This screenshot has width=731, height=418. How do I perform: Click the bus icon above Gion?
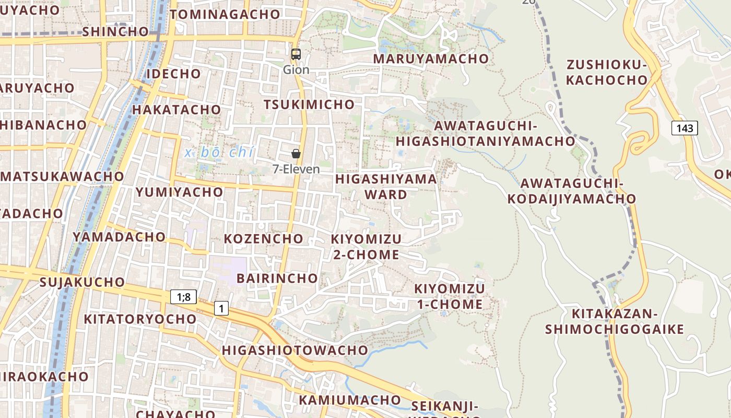tap(296, 54)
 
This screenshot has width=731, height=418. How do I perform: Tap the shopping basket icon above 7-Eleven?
tap(296, 153)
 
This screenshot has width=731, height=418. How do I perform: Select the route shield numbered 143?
tap(684, 128)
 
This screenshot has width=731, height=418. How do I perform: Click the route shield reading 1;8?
tap(183, 297)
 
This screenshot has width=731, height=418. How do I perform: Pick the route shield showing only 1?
tap(221, 308)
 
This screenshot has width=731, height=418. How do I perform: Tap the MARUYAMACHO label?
tap(431, 59)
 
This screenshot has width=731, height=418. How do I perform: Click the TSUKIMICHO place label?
tap(309, 104)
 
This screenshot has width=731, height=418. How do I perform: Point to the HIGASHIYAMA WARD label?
tap(386, 187)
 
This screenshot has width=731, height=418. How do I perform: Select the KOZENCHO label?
tap(264, 239)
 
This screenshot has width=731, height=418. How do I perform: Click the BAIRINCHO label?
tap(277, 278)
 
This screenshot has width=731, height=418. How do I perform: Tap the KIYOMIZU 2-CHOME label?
tap(366, 247)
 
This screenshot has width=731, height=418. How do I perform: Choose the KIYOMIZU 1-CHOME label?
tap(450, 296)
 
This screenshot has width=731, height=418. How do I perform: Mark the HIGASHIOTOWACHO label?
tap(295, 350)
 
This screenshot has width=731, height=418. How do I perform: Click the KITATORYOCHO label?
tap(140, 319)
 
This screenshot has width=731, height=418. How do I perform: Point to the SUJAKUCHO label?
tap(82, 283)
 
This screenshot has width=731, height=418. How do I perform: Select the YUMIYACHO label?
tap(180, 192)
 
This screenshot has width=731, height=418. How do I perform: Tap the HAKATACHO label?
tap(176, 110)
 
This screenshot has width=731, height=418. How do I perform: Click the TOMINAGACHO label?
tap(225, 15)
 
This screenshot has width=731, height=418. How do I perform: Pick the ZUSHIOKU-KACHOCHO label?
tap(607, 73)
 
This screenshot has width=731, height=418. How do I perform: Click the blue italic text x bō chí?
tap(219, 153)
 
